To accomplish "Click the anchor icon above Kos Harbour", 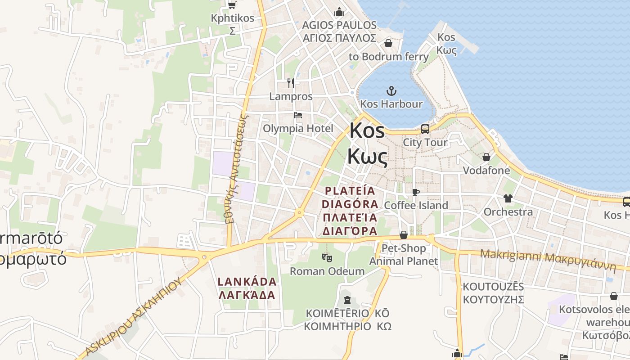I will (391, 91).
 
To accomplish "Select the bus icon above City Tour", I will (425, 130).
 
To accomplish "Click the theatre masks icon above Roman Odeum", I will (327, 258).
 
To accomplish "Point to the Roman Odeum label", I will (327, 271).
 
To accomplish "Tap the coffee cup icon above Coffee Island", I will (416, 192).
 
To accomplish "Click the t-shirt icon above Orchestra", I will (508, 198).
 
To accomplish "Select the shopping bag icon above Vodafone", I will (486, 157).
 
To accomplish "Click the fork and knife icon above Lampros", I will (291, 83).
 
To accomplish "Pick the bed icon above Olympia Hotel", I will (298, 115).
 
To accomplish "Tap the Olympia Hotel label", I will (298, 129).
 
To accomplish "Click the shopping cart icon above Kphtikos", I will (232, 5).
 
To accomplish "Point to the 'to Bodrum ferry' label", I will (389, 57).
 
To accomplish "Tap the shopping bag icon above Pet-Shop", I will (404, 235).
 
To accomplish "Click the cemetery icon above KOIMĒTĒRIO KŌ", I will (347, 300).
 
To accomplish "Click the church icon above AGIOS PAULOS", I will (339, 12).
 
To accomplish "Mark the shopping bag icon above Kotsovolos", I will (614, 296).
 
